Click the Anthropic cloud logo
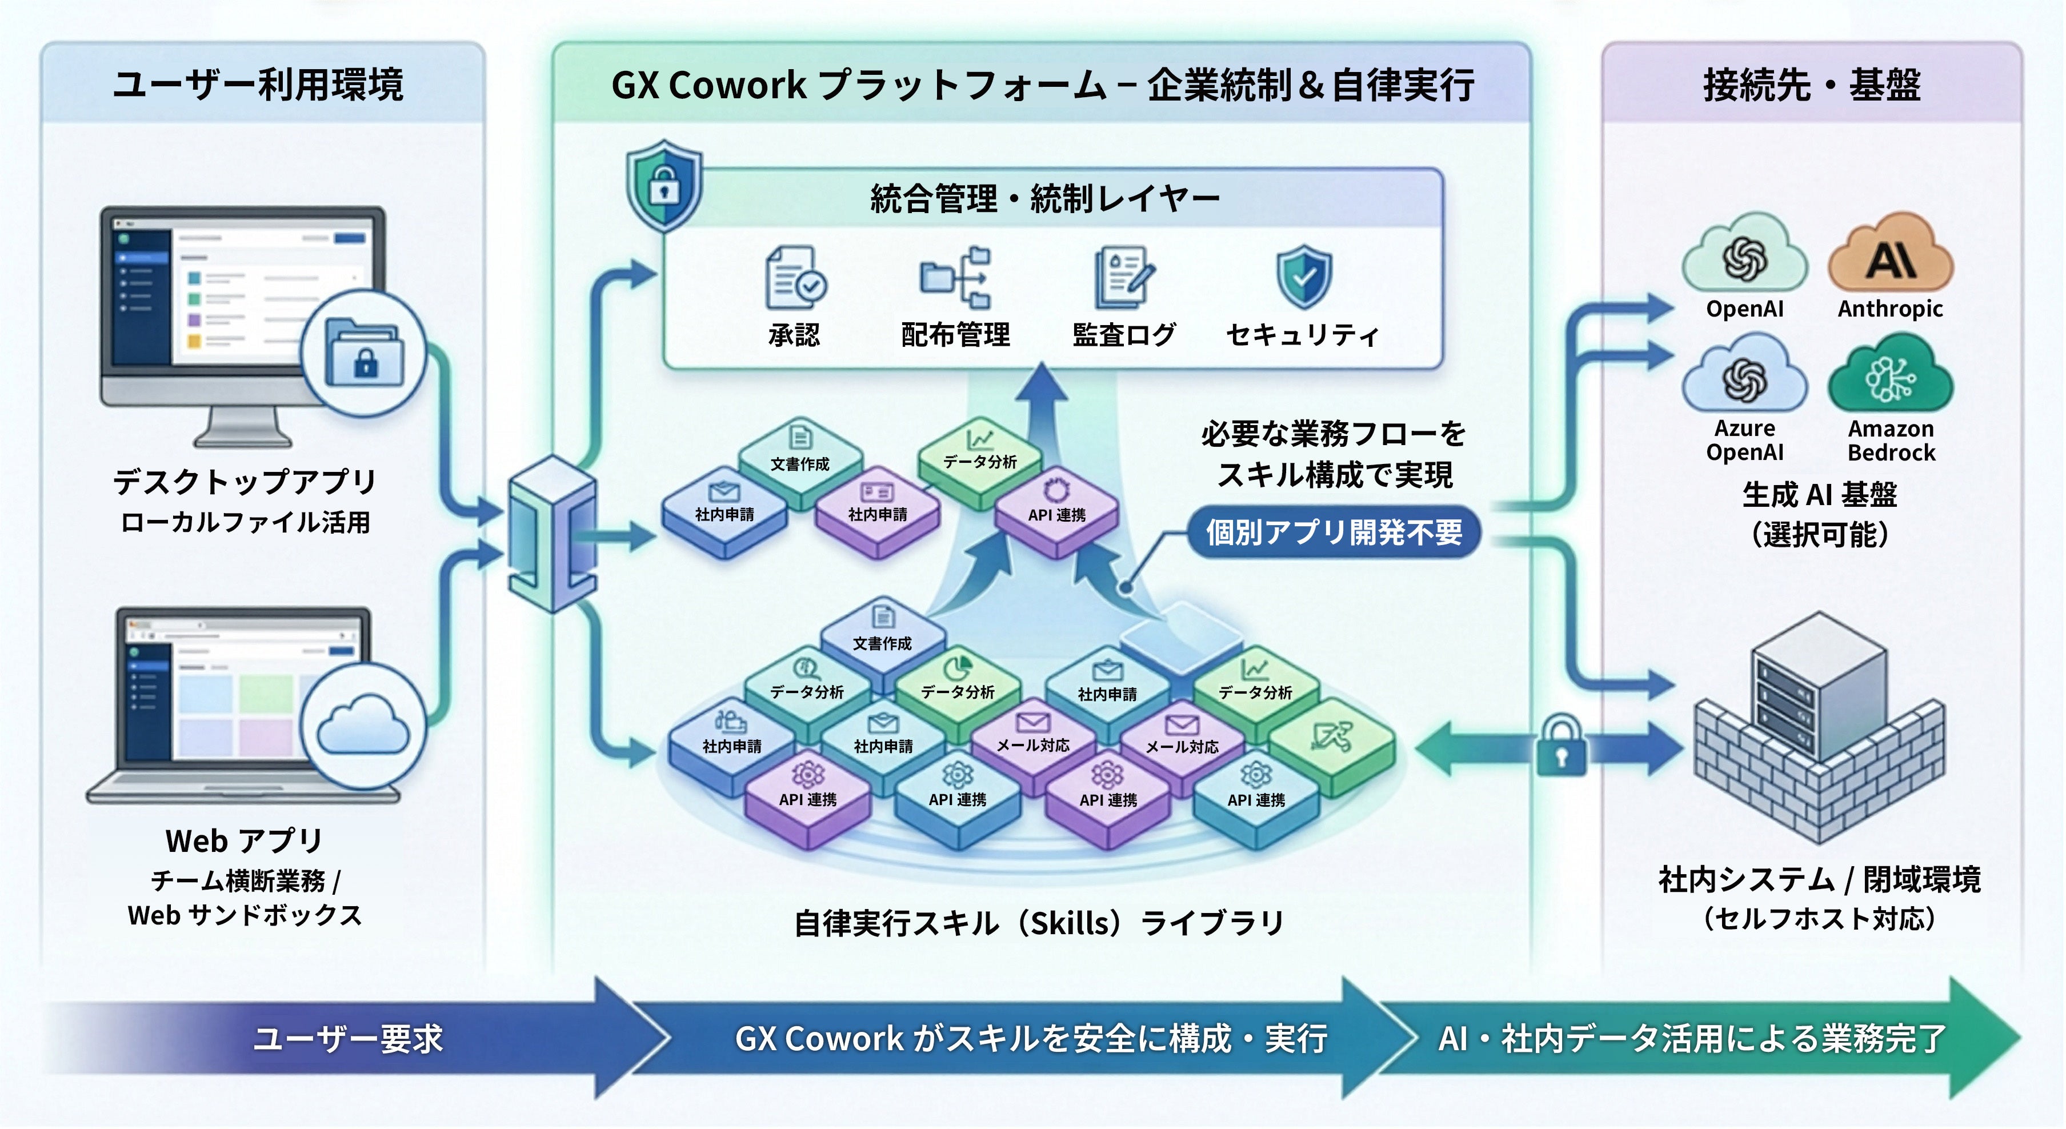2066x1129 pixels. (1891, 255)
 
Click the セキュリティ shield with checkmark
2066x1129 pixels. (1303, 277)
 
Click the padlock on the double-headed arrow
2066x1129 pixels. (1561, 747)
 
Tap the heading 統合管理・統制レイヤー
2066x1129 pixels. (1044, 199)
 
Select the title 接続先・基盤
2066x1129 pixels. (1812, 85)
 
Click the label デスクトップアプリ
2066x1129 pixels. (245, 481)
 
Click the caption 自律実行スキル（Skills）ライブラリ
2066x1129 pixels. (1039, 923)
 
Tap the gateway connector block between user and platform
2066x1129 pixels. (552, 533)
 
